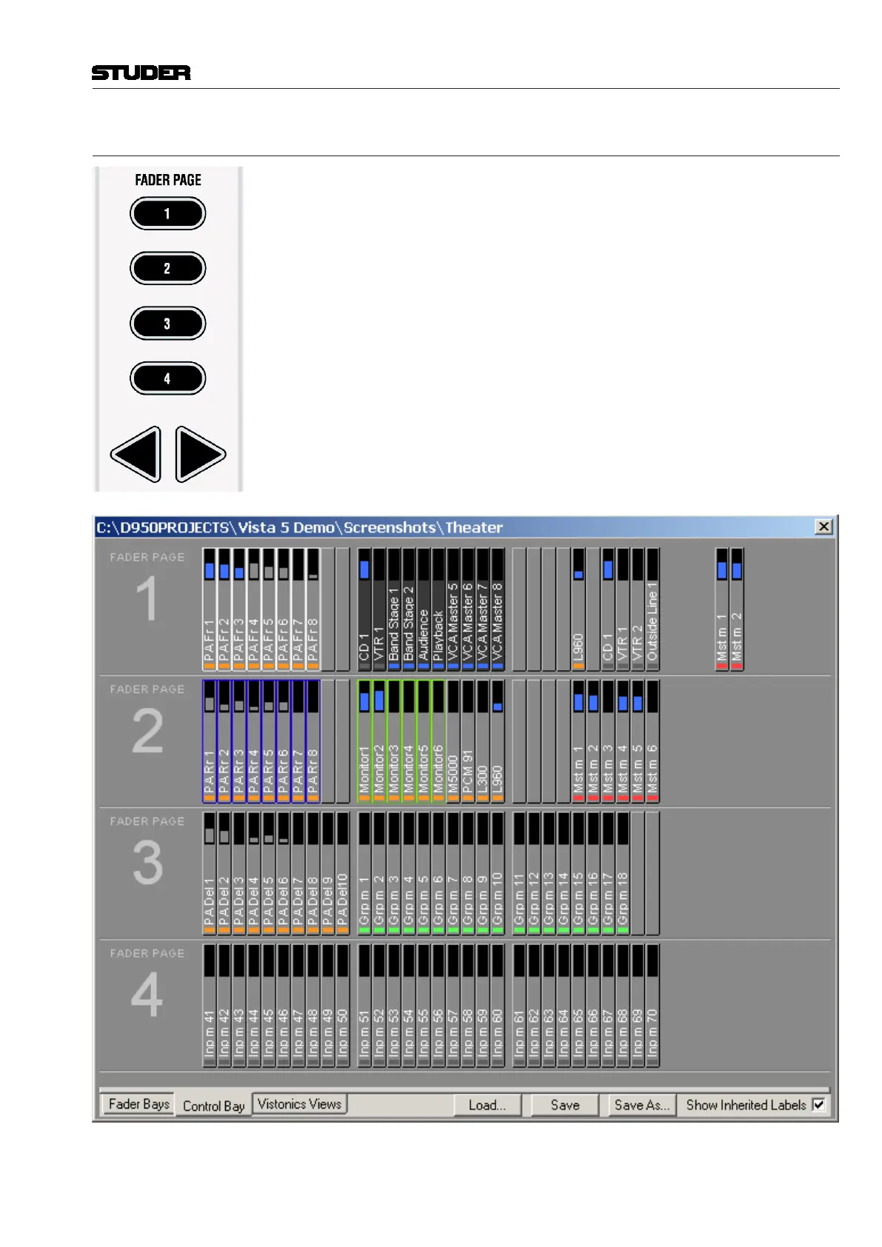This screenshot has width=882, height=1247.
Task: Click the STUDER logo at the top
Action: pyautogui.click(x=141, y=73)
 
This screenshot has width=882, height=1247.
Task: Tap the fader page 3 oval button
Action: pyautogui.click(x=167, y=324)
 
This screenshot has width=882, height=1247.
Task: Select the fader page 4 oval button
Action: pyautogui.click(x=167, y=378)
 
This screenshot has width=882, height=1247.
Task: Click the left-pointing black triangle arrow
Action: pyautogui.click(x=137, y=454)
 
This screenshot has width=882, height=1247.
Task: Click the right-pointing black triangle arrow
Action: pyautogui.click(x=199, y=454)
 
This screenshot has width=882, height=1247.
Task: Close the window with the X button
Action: pyautogui.click(x=823, y=526)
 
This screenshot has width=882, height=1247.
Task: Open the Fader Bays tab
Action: pyautogui.click(x=138, y=1104)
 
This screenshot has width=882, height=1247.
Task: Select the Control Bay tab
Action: pyautogui.click(x=213, y=1106)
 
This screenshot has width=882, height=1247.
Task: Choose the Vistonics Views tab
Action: pyautogui.click(x=299, y=1104)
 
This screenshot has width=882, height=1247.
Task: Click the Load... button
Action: pyautogui.click(x=487, y=1105)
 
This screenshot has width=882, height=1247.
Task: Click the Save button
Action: pyautogui.click(x=565, y=1105)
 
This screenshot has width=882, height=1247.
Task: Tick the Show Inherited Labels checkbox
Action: pyautogui.click(x=818, y=1105)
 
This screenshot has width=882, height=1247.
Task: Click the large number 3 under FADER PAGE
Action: pyautogui.click(x=147, y=863)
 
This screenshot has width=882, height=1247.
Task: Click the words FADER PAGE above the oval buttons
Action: pyautogui.click(x=168, y=180)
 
